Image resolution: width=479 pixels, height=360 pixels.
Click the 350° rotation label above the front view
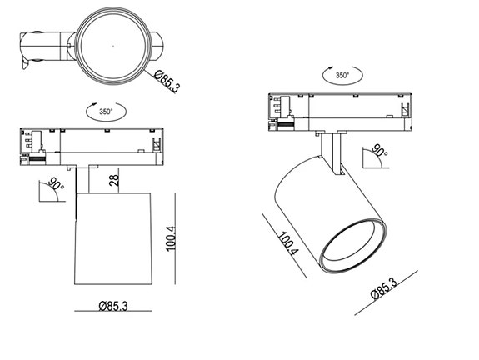[106, 110]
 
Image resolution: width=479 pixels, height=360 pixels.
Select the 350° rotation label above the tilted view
[342, 74]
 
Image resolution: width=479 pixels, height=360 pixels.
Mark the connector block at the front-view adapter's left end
[32, 144]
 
